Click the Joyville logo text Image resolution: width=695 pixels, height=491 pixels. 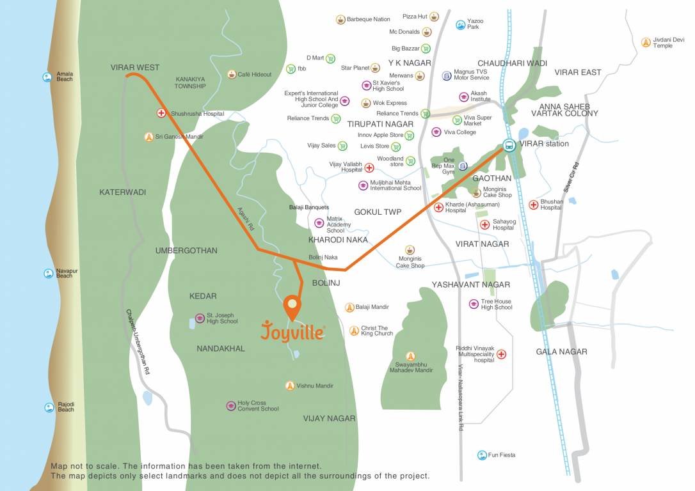point(292,332)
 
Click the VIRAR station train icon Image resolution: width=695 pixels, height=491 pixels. point(509,145)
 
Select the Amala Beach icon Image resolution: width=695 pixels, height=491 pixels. point(47,77)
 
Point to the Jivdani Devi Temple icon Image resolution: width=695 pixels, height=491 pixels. point(646,42)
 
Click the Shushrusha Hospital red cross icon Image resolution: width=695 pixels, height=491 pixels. point(161,113)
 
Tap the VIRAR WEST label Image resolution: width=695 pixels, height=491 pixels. point(134,67)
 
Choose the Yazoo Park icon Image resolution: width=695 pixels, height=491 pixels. point(459,25)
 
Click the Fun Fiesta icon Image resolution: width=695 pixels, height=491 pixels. point(481,455)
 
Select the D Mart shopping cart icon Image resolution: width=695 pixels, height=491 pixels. point(330,58)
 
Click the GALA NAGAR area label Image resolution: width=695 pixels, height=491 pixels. point(561,352)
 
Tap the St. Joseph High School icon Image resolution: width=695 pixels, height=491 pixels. point(200,318)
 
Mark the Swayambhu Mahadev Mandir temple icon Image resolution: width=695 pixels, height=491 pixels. point(410,356)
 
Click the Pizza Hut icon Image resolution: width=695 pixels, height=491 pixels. point(435,17)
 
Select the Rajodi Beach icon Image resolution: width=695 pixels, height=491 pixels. point(49,407)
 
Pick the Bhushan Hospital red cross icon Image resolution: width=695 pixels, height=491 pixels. point(533,205)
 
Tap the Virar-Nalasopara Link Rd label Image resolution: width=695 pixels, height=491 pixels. point(460,397)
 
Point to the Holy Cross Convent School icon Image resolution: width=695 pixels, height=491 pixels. point(230,406)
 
